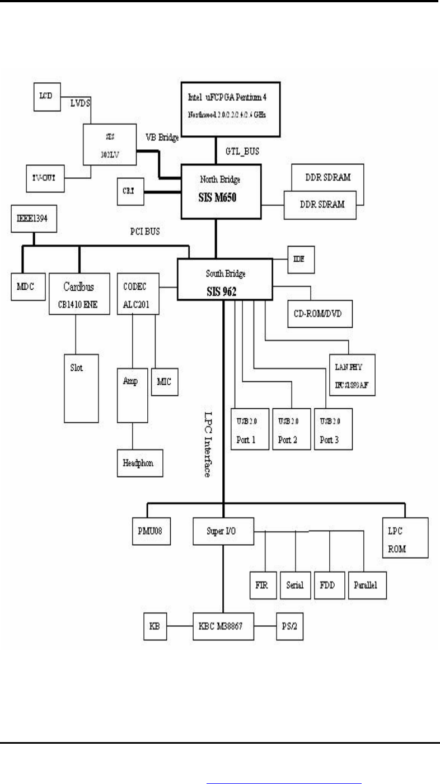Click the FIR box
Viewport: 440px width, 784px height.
coord(262,585)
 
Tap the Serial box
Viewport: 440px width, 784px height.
coord(294,585)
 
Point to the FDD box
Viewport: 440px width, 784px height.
coord(329,585)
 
